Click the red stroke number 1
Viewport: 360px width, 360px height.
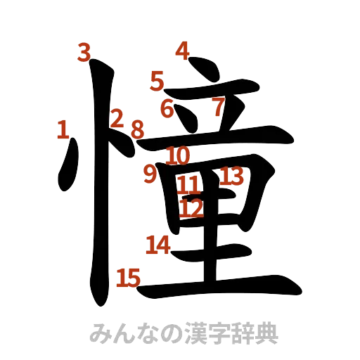coord(63,129)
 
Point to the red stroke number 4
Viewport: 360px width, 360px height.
coord(182,51)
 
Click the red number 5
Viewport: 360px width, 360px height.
coord(156,80)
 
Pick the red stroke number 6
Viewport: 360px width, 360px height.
coord(167,108)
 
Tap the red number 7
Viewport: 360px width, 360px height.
coord(218,106)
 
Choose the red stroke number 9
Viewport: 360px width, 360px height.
coord(149,174)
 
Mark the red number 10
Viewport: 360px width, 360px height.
coord(179,154)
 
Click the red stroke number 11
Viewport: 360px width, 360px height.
coord(188,186)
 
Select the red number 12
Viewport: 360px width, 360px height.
coord(191,207)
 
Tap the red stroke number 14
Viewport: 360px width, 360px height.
coord(157,245)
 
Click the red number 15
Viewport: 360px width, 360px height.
coord(128,278)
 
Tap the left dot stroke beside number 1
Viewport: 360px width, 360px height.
coord(67,169)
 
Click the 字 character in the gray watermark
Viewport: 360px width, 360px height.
coord(226,333)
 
